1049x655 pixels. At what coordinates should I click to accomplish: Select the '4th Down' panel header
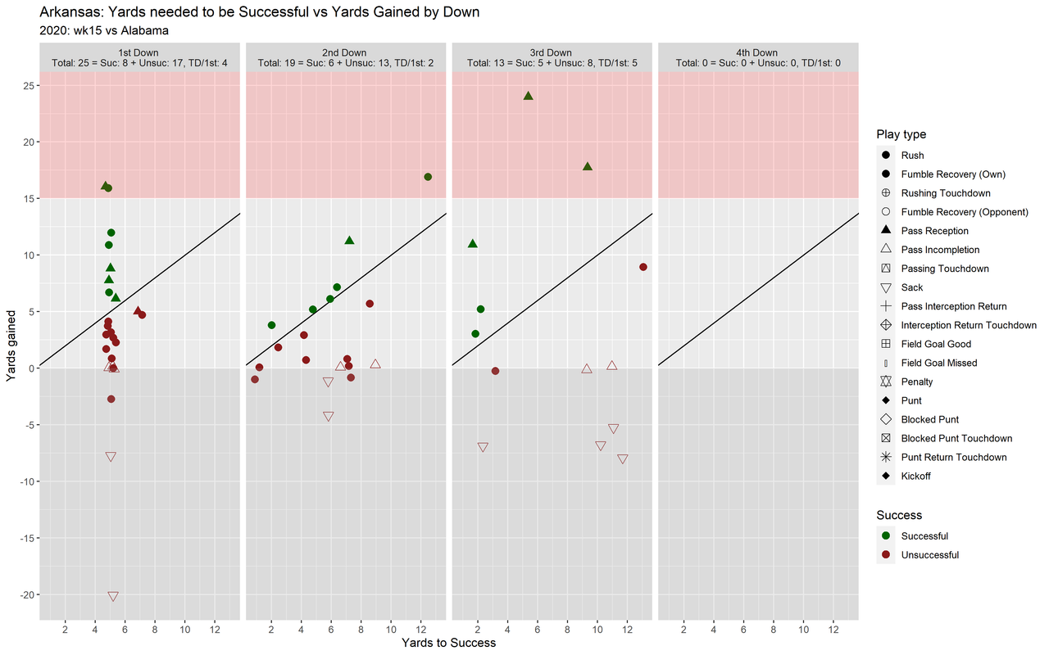758,52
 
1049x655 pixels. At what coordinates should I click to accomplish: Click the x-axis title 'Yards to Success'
448,643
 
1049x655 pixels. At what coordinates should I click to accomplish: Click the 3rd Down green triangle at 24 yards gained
529,96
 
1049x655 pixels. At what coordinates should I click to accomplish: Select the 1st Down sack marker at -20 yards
113,596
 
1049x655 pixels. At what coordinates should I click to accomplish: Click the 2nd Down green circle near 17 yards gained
428,177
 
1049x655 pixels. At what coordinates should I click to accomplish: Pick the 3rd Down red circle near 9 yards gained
643,267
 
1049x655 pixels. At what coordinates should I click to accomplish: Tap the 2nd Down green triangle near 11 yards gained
349,241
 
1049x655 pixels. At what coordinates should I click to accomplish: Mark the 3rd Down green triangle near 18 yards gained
588,166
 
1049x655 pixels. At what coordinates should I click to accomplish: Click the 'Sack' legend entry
911,287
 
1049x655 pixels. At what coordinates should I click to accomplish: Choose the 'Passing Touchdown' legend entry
944,269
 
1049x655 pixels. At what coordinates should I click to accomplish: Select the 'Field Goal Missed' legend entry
938,363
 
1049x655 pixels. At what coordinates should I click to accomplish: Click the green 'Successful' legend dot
886,536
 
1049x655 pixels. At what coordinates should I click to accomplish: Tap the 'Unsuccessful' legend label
929,555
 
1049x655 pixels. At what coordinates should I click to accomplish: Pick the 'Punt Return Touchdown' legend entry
953,457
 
